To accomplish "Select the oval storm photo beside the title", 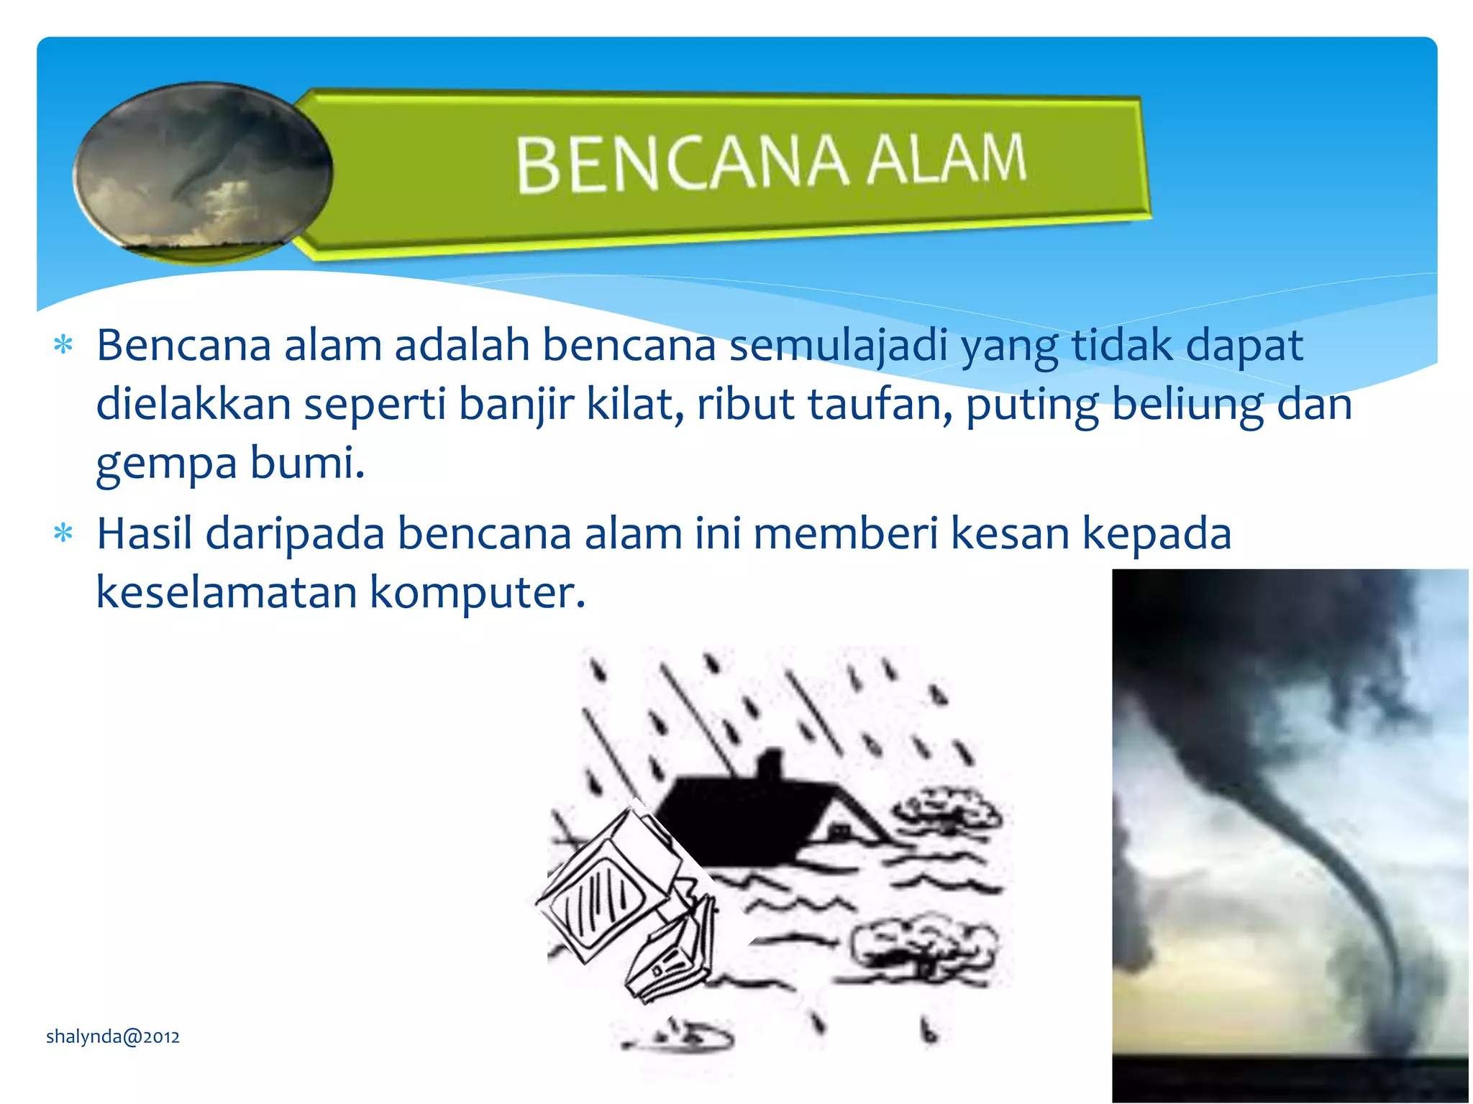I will [203, 171].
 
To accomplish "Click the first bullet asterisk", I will [63, 346].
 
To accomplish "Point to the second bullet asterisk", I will [63, 534].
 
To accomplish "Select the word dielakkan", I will [193, 404].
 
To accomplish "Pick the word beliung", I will [1187, 404].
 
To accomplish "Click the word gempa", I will [166, 464].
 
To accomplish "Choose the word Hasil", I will [145, 534].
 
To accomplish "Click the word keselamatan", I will [227, 593].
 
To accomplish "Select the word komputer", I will [478, 593].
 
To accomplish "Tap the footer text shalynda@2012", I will [113, 1036].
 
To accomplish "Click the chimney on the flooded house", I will [770, 765].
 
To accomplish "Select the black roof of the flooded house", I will [755, 812].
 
